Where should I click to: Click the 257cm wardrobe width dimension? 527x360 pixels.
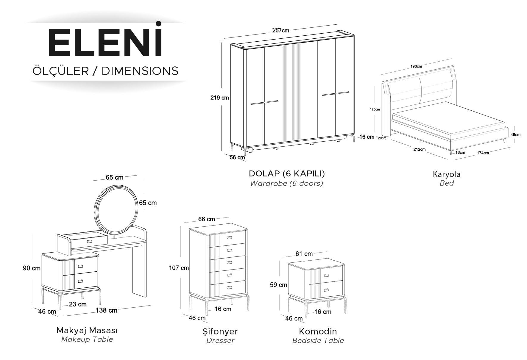click(x=281, y=30)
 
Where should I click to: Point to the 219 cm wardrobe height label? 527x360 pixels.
click(x=220, y=98)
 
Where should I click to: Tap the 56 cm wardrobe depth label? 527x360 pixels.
click(x=237, y=157)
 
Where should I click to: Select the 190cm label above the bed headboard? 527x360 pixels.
click(x=416, y=66)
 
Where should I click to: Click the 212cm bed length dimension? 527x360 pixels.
click(x=419, y=149)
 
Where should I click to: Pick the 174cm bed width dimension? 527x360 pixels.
click(x=483, y=153)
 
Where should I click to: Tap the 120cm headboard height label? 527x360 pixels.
click(x=375, y=109)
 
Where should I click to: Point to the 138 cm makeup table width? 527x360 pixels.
click(x=106, y=310)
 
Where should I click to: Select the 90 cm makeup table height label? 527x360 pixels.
click(x=32, y=268)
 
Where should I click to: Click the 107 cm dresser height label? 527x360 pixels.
click(x=179, y=268)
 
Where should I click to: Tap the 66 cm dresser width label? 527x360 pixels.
click(x=207, y=219)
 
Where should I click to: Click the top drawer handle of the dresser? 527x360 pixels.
click(x=229, y=237)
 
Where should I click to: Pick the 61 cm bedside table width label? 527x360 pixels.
click(x=304, y=254)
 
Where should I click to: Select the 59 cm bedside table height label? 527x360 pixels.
click(x=278, y=285)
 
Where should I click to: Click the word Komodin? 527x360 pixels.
click(x=318, y=331)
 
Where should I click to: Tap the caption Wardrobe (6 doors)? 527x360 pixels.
click(x=286, y=183)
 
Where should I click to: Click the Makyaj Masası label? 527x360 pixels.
click(x=87, y=330)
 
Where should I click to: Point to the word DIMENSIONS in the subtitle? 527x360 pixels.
click(x=140, y=71)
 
